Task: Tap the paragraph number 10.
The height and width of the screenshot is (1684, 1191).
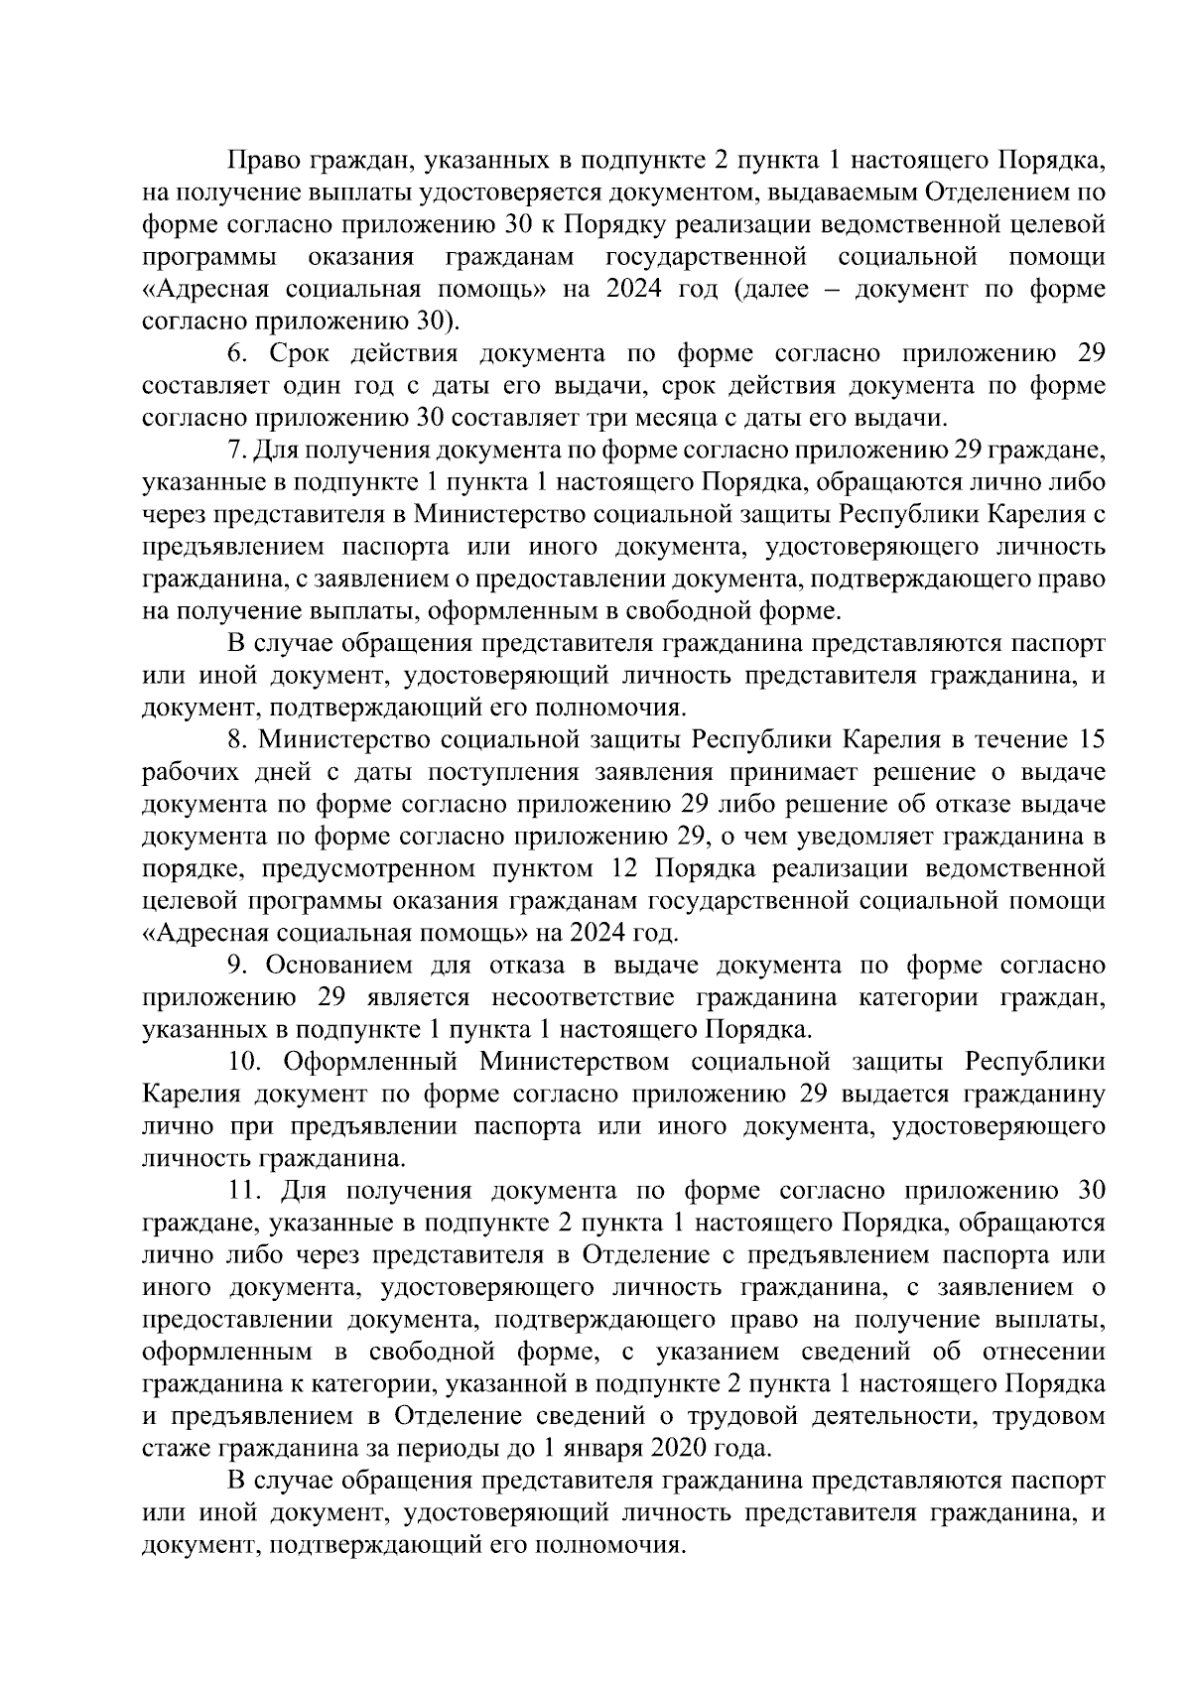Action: [x=244, y=1062]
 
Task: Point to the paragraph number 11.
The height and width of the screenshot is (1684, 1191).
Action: [x=243, y=1191]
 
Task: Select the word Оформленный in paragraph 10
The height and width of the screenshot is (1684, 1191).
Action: [x=369, y=1062]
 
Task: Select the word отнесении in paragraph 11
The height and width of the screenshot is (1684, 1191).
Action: [x=1042, y=1352]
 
